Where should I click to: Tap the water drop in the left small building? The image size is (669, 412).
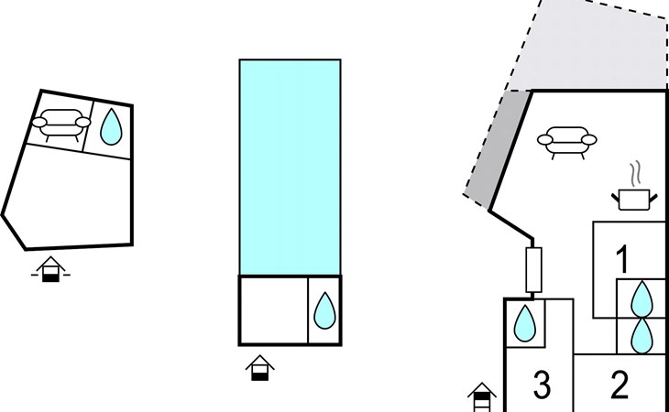point(111,127)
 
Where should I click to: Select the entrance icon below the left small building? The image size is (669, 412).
point(52,269)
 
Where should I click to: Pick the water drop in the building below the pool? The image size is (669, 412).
point(324,310)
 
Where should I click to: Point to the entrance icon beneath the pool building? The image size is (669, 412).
point(261,367)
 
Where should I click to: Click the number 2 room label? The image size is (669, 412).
point(620,385)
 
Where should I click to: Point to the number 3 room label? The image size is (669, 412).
point(542,385)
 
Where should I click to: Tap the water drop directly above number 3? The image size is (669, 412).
point(524,323)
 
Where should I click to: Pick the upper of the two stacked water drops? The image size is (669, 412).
point(643,298)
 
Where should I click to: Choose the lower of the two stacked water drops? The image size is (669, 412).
point(643,335)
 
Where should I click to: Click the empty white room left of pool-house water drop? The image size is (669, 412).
point(272,309)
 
